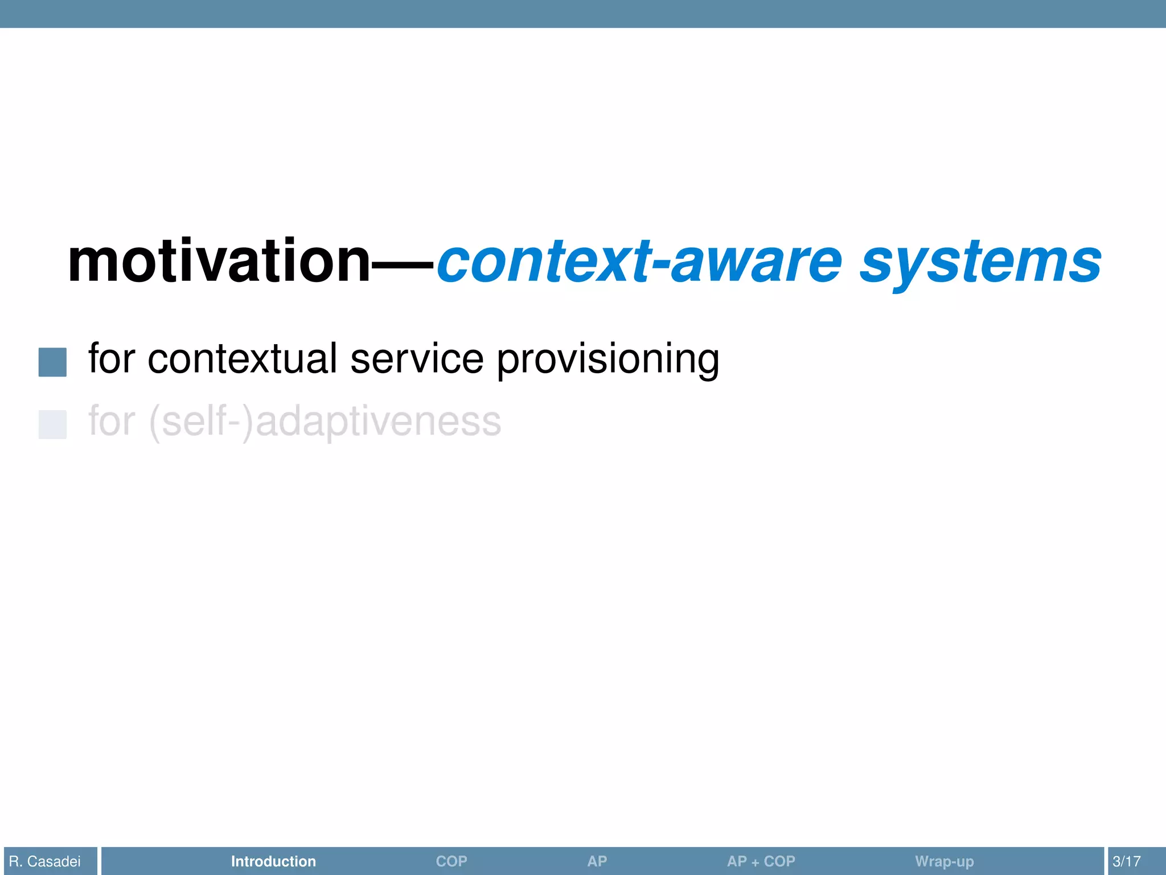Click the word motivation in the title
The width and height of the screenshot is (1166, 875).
click(x=219, y=262)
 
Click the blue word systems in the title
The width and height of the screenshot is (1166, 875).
click(x=980, y=262)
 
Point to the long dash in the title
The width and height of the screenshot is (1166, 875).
click(x=404, y=264)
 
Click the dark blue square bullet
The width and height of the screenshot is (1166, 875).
click(x=52, y=362)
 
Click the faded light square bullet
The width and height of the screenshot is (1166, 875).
click(x=52, y=424)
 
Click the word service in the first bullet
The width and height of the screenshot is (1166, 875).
click(x=417, y=359)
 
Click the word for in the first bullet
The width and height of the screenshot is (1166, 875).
click(x=112, y=359)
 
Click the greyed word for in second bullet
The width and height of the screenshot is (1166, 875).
click(x=112, y=421)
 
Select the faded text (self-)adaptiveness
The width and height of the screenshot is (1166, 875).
click(x=325, y=422)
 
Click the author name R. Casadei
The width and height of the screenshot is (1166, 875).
click(x=45, y=861)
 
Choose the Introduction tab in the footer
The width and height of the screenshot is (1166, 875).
click(x=273, y=861)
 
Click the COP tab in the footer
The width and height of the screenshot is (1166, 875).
click(x=451, y=861)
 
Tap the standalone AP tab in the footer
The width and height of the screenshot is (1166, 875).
click(x=597, y=861)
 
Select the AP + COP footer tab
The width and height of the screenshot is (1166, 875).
click(x=761, y=861)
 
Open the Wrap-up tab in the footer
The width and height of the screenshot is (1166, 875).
click(x=944, y=861)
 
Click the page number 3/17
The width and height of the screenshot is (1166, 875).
click(x=1127, y=861)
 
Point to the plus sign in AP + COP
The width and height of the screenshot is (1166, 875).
click(x=756, y=863)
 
